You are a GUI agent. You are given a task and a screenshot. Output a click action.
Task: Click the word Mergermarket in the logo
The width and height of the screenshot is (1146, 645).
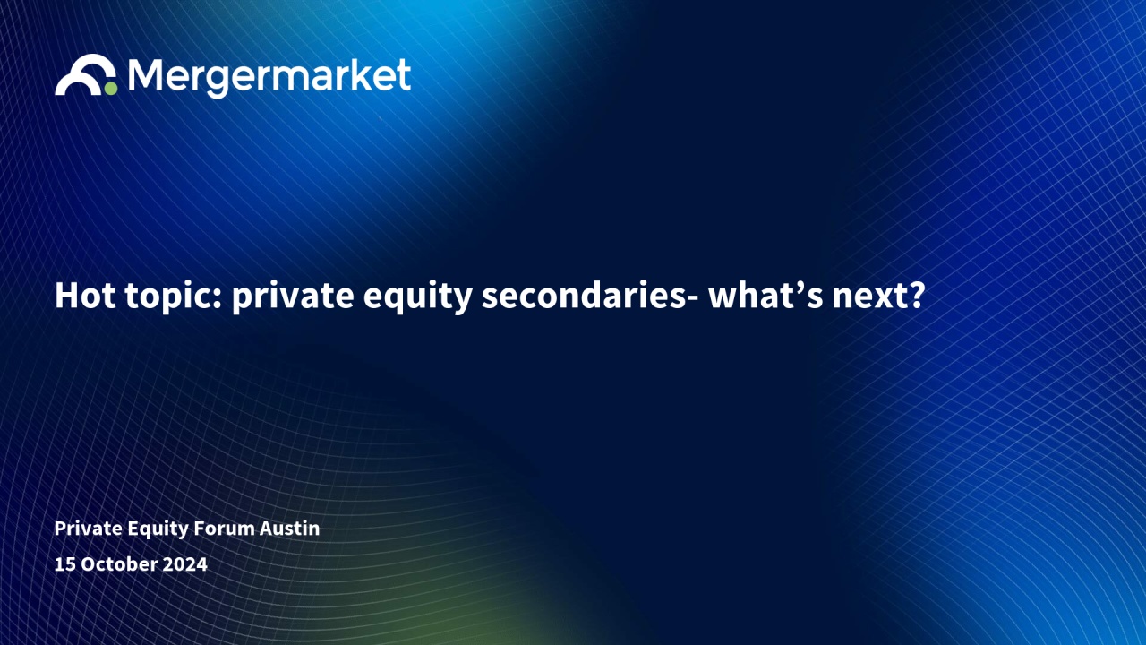tap(269, 77)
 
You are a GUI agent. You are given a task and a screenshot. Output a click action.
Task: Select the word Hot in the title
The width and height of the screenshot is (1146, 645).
tap(85, 296)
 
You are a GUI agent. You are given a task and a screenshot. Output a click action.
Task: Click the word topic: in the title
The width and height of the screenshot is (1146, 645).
tap(174, 297)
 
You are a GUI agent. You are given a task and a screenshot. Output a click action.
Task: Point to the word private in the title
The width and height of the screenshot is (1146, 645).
tap(293, 297)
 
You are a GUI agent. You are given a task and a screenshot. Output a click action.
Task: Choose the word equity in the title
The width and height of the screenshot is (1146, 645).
tap(417, 297)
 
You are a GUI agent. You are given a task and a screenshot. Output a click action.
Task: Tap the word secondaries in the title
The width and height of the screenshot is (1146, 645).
tap(583, 296)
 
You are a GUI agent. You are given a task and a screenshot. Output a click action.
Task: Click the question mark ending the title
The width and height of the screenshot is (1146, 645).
tap(918, 296)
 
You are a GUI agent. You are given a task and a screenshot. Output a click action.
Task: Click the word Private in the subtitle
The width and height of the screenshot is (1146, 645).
tap(88, 529)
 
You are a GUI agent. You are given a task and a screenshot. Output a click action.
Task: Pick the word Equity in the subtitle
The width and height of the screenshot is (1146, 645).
tap(157, 529)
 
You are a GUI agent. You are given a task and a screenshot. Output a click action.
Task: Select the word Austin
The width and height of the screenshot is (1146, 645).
tap(289, 529)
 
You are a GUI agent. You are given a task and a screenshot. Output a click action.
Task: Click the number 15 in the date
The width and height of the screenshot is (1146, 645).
tap(65, 564)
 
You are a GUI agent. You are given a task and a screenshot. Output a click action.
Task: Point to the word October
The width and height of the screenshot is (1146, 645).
tap(119, 564)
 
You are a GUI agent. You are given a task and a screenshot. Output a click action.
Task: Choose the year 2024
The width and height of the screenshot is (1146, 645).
tap(185, 564)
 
